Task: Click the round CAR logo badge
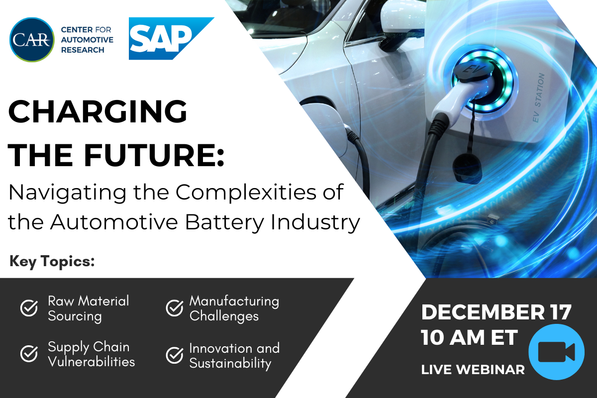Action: (x=32, y=40)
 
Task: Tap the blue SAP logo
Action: (x=171, y=38)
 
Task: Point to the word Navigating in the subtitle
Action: (x=68, y=193)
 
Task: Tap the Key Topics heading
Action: (x=52, y=261)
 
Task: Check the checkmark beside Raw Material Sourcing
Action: (x=29, y=308)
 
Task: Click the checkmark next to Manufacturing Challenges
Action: (x=175, y=308)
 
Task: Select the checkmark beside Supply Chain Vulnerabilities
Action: (x=29, y=354)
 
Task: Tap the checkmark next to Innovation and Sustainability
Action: (x=175, y=355)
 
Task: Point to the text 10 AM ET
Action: (x=469, y=338)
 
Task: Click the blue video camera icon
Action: (x=557, y=352)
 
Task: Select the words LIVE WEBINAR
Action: (x=473, y=370)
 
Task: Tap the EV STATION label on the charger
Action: (x=539, y=98)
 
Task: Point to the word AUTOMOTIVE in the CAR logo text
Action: (x=87, y=40)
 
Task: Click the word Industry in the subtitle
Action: (x=315, y=222)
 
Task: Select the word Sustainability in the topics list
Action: (x=230, y=364)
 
